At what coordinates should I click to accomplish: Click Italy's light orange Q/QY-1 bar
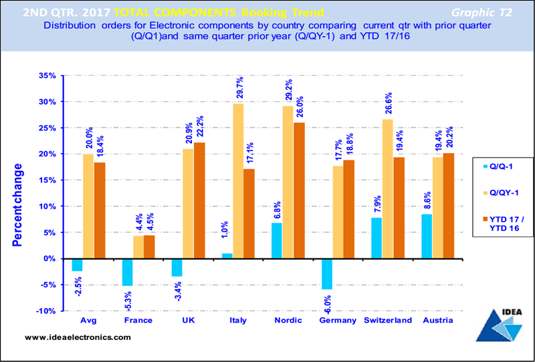(239, 180)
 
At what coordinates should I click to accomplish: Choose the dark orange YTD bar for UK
(199, 200)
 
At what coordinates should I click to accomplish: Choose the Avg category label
(88, 321)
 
